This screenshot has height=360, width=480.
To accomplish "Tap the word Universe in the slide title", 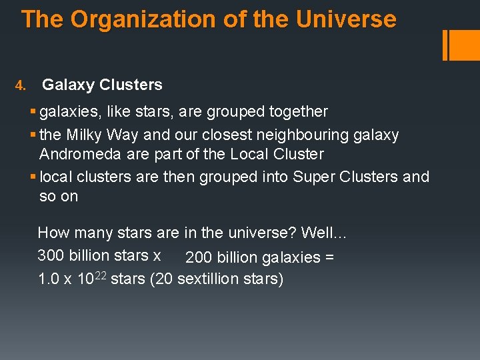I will (x=346, y=19).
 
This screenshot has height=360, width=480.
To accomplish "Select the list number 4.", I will (x=20, y=86).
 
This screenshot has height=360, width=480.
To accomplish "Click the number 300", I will (x=49, y=255).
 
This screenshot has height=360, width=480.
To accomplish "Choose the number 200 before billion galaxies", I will (x=197, y=257).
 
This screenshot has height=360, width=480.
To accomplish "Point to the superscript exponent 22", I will (x=101, y=274).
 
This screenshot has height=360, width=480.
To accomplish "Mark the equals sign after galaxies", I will (x=328, y=257).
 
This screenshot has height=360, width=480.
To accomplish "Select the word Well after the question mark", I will (x=321, y=233).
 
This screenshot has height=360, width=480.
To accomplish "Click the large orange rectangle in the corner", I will (x=462, y=45).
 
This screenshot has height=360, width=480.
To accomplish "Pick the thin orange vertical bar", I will (x=445, y=45).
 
